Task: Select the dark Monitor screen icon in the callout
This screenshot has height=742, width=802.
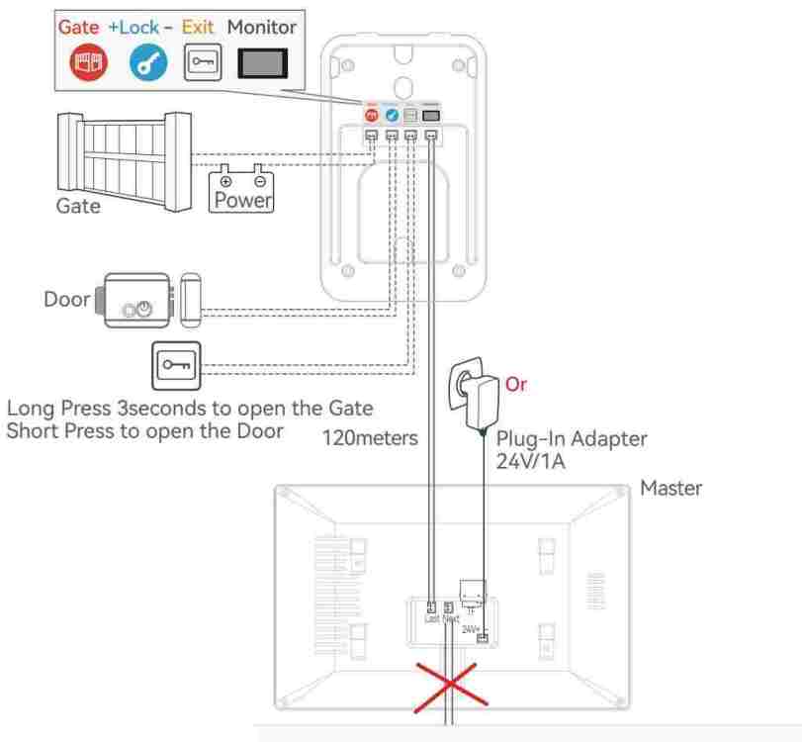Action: click(262, 62)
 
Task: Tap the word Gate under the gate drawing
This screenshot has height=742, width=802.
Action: click(77, 208)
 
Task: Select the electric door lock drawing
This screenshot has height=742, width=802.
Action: click(148, 301)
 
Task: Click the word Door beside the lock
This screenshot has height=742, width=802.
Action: click(66, 299)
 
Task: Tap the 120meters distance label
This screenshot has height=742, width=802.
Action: click(371, 438)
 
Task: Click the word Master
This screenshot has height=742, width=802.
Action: click(670, 489)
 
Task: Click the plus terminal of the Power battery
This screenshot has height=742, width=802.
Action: click(225, 181)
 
